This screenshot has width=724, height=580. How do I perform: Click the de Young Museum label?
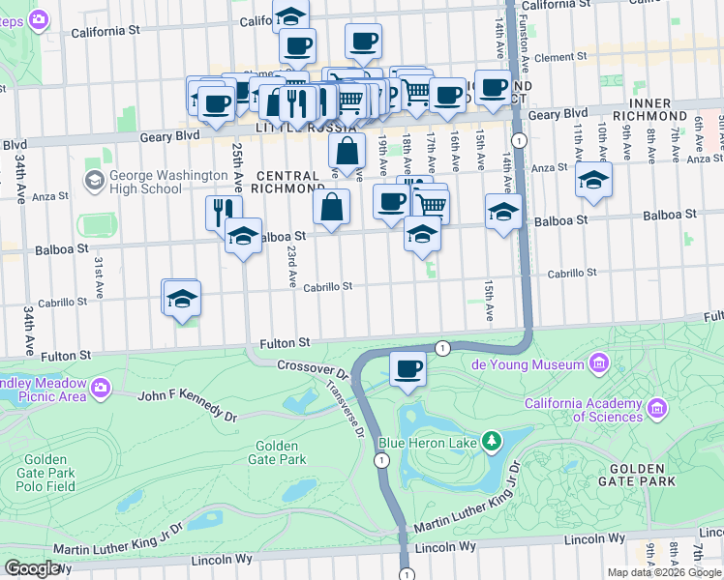[528, 364]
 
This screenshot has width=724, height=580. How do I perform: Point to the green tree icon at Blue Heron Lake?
[493, 442]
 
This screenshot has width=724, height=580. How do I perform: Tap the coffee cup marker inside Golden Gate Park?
[407, 369]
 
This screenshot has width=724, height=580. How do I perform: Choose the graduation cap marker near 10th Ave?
[593, 180]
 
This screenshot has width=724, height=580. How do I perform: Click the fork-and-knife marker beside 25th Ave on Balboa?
[223, 211]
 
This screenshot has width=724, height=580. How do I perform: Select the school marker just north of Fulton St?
[181, 301]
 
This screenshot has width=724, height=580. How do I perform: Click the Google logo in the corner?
[32, 567]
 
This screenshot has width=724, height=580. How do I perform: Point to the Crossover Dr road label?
[312, 368]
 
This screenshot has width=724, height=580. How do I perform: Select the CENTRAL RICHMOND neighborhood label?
[287, 182]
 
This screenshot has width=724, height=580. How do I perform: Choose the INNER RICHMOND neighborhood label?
[664, 109]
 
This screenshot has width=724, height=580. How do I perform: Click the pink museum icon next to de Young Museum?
[599, 364]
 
